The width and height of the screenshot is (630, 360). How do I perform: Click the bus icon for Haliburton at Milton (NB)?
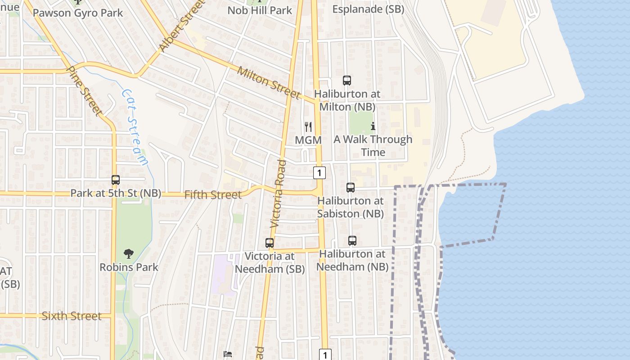tap(346, 81)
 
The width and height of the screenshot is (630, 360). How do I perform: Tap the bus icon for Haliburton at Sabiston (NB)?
tap(351, 188)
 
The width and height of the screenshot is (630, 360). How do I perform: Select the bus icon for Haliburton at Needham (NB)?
tap(352, 241)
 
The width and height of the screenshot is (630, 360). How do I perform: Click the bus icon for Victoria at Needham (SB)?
tap(270, 243)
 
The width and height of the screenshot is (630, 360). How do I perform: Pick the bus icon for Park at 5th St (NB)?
tap(116, 180)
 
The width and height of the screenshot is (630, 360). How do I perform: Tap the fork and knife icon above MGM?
tap(308, 126)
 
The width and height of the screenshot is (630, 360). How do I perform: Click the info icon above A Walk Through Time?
tap(373, 126)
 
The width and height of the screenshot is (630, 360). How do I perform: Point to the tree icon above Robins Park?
tap(129, 254)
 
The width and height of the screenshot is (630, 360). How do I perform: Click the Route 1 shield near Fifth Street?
tap(319, 172)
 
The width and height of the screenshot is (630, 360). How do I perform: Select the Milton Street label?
tap(268, 82)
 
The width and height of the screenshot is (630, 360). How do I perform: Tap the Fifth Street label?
tap(213, 195)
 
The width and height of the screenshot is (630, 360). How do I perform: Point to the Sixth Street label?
tap(72, 316)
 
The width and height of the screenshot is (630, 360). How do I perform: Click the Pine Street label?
tap(85, 91)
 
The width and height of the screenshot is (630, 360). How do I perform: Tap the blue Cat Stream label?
tap(135, 127)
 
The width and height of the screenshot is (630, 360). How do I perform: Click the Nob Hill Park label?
tap(260, 10)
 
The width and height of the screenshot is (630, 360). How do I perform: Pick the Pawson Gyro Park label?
tap(78, 13)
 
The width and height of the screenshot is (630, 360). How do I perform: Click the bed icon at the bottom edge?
tap(228, 354)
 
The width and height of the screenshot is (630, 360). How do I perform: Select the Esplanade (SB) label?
tap(368, 9)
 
